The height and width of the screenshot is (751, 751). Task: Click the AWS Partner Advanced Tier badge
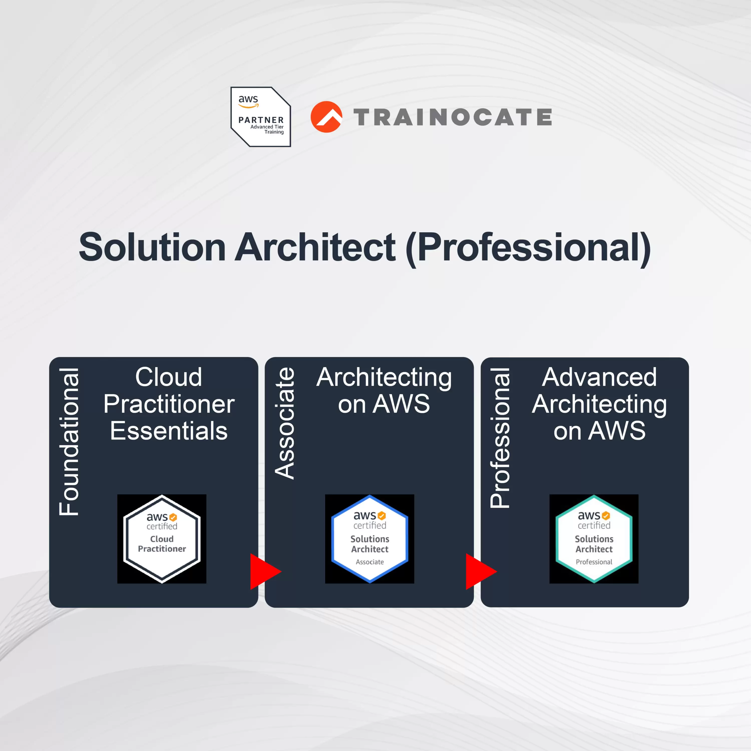pos(260,117)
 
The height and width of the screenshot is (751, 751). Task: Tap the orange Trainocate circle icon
pos(326,117)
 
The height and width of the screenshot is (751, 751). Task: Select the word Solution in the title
pos(152,247)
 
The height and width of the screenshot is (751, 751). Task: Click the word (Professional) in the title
pos(528,249)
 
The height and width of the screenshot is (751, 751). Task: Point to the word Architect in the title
pos(316,247)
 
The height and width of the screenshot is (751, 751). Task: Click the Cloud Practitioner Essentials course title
pos(169,404)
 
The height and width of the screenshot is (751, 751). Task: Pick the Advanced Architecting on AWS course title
pos(599,404)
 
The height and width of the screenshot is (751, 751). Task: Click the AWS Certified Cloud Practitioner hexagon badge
pos(162,539)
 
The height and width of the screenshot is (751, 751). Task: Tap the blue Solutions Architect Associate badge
pos(370,539)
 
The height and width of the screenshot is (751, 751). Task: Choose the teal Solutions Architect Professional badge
pos(594,539)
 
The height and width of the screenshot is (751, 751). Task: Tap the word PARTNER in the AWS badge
pos(261,120)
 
